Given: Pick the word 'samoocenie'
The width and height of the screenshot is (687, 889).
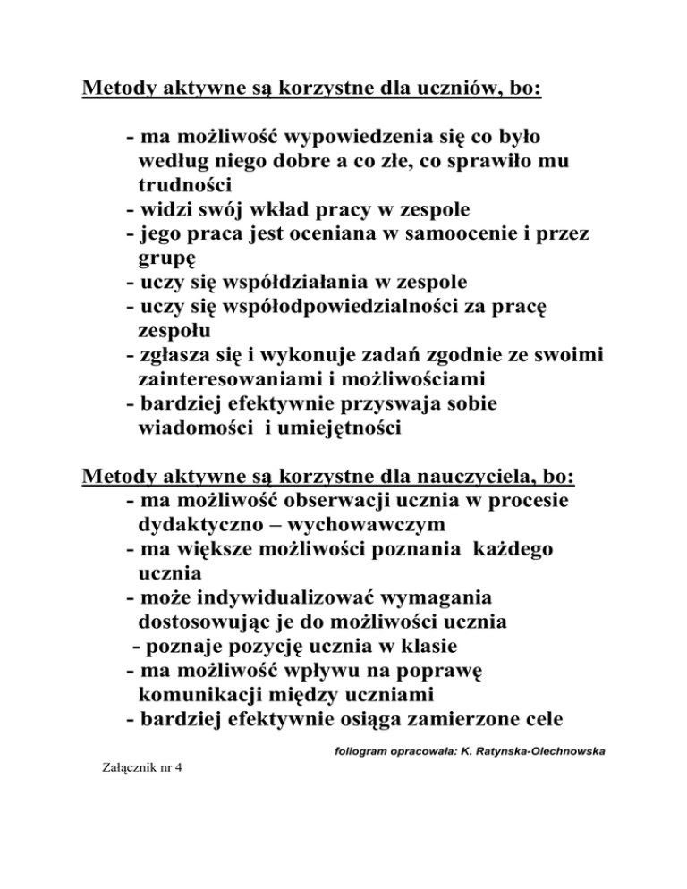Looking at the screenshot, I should tap(469, 234).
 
